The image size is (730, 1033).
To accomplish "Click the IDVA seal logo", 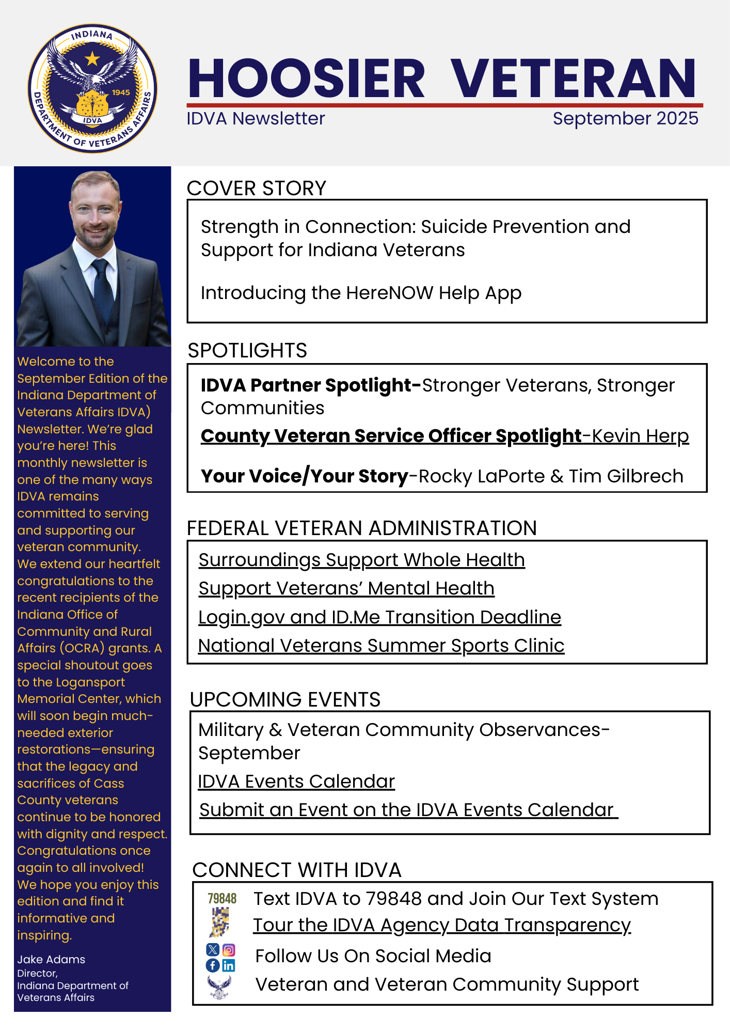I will tap(92, 88).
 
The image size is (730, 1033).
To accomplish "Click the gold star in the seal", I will tap(92, 58).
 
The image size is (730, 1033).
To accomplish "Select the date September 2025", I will tap(625, 118).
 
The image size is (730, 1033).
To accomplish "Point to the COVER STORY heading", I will tap(257, 188).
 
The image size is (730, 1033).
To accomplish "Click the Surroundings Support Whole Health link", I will tap(361, 560).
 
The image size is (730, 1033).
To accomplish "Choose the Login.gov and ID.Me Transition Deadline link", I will tap(379, 617).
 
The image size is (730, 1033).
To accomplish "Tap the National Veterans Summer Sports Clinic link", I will tap(381, 646).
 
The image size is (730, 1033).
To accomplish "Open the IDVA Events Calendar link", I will tap(296, 781).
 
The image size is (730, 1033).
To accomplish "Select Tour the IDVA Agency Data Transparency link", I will tap(442, 925).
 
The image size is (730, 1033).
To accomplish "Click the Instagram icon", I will tap(229, 950).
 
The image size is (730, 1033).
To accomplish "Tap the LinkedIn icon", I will tap(229, 965).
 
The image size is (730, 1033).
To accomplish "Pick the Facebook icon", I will tap(213, 965).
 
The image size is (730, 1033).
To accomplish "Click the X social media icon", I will tap(213, 950).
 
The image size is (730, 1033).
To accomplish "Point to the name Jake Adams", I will tap(51, 959).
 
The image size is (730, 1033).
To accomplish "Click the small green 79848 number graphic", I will tap(222, 899).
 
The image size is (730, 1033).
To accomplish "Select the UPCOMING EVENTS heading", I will tap(285, 699).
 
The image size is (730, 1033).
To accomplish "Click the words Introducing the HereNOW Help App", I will tap(361, 293).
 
